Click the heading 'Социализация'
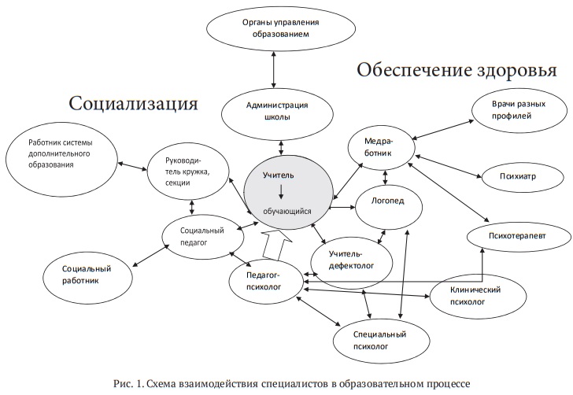click(x=133, y=102)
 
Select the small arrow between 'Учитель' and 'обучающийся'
click(x=281, y=191)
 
